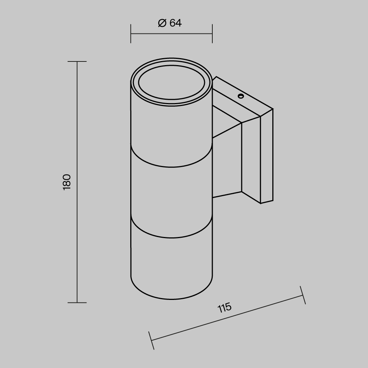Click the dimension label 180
point(67,182)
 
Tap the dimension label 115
point(224,307)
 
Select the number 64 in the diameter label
point(176,23)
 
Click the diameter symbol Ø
point(162,23)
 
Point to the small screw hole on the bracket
point(241,96)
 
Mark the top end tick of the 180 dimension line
point(77,61)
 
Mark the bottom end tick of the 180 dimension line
point(77,302)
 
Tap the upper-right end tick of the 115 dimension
point(302,295)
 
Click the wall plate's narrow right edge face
point(266,158)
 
